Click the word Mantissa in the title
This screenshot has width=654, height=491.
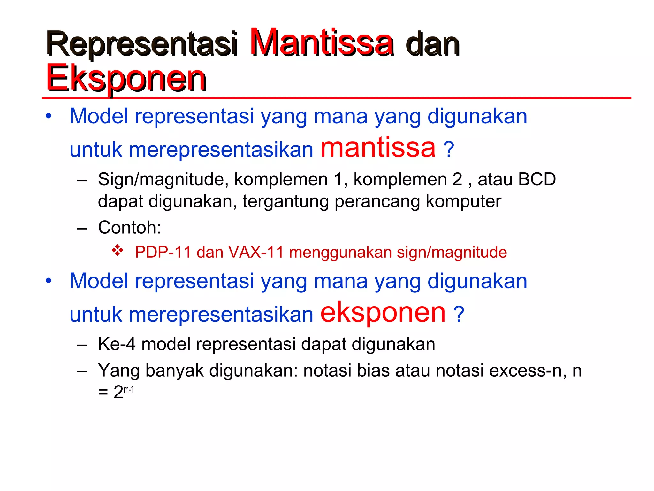pos(321,43)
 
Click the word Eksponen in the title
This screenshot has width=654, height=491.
pos(126,78)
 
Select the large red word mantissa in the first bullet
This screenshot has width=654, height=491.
pos(378,147)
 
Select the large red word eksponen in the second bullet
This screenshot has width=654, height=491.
pos(383,312)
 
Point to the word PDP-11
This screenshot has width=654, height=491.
pos(163,252)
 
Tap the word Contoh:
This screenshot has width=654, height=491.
pos(129,228)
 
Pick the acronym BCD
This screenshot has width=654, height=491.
pos(537,179)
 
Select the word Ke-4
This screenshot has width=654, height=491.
pos(117,344)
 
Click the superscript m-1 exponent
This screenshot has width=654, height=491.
pos(128,390)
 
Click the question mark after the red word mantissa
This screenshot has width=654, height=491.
pos(448,149)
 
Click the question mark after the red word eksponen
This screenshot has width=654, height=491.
pos(459,314)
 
